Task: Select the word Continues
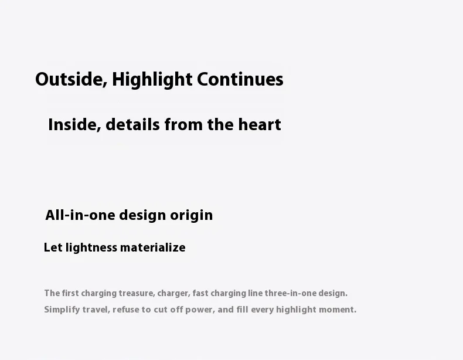pos(240,79)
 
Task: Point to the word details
pos(132,124)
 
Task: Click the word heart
pos(260,124)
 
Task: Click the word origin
pos(191,216)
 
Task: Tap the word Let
pos(53,247)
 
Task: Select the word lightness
pos(91,247)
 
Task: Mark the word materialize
pos(153,247)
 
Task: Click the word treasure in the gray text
pos(137,293)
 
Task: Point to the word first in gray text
pos(70,293)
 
